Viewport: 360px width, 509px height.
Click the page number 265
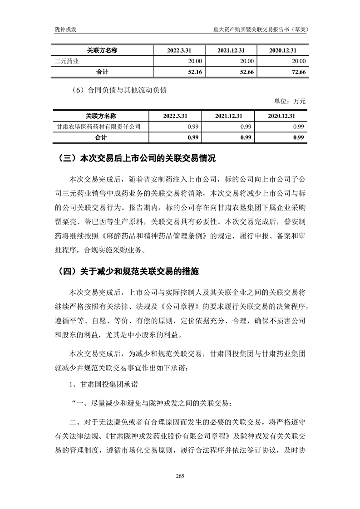tap(180, 476)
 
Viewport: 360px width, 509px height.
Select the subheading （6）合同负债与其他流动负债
tap(119, 90)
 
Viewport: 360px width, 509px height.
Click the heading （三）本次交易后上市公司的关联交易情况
tap(137, 159)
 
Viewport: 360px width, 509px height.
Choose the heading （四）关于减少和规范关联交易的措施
tap(128, 272)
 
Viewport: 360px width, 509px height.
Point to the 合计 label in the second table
tap(101, 137)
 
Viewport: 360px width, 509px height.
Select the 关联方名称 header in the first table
tap(102, 50)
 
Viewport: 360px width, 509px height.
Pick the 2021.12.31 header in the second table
tap(229, 116)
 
